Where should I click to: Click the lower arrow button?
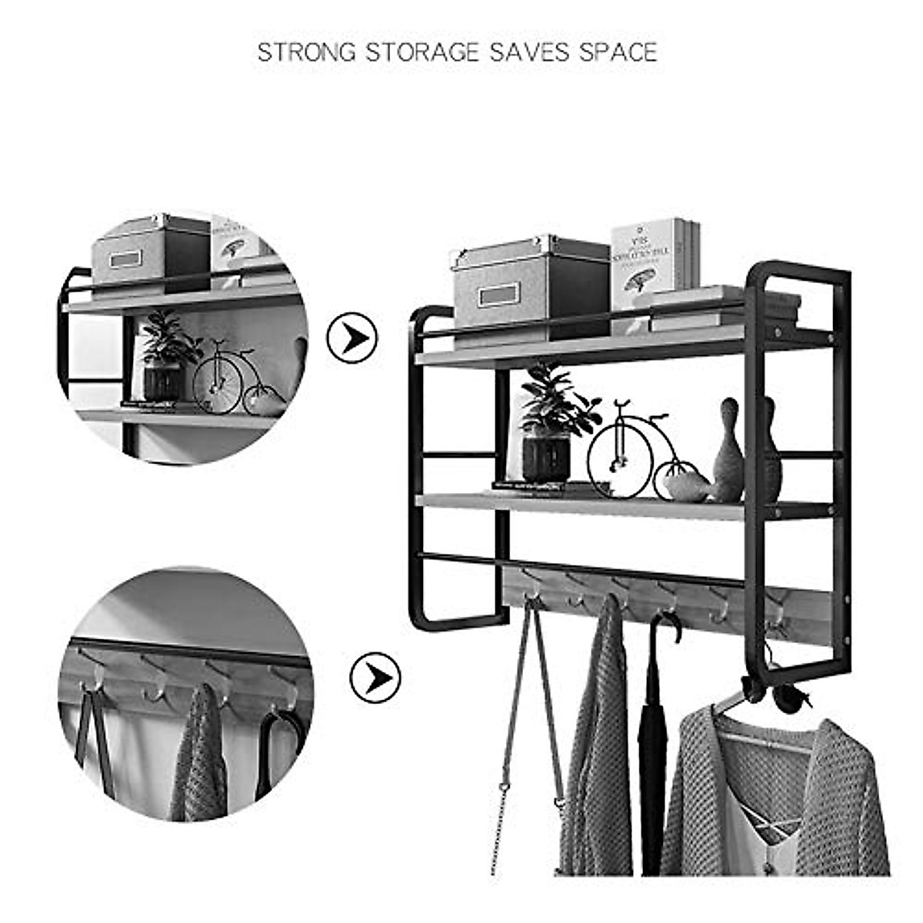click(x=375, y=678)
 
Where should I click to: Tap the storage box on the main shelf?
click(x=531, y=283)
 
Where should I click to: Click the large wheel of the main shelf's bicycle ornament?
click(x=620, y=460)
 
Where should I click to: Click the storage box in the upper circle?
click(x=151, y=252)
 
